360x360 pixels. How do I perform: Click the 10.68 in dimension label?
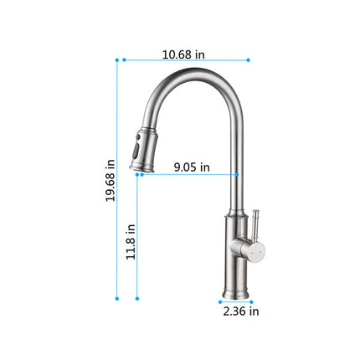click(x=183, y=54)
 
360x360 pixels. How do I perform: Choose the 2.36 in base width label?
click(x=241, y=311)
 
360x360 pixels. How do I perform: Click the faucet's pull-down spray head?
click(x=143, y=150)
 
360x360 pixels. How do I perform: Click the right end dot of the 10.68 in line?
click(x=249, y=59)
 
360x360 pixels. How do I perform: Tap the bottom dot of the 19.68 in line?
click(x=117, y=298)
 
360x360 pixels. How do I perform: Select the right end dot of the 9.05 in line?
click(x=238, y=174)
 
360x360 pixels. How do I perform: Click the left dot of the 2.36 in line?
click(x=219, y=301)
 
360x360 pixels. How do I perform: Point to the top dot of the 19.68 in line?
click(x=117, y=59)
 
